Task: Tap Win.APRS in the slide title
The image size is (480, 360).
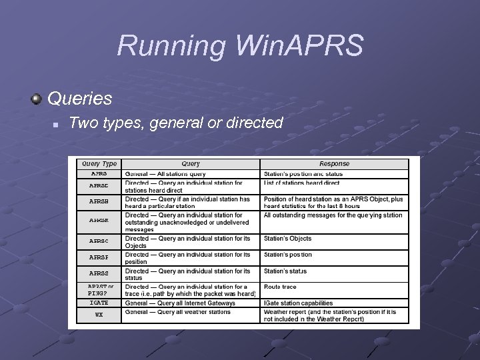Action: pyautogui.click(x=301, y=47)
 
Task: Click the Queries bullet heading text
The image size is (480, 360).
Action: pyautogui.click(x=79, y=99)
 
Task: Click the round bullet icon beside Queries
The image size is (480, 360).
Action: pyautogui.click(x=37, y=99)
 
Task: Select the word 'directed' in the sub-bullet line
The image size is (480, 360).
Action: pyautogui.click(x=255, y=123)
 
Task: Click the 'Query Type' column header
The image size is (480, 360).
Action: pyautogui.click(x=99, y=164)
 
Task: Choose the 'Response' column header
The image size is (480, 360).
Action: pyautogui.click(x=333, y=164)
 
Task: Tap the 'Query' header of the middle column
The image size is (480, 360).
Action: pyautogui.click(x=191, y=164)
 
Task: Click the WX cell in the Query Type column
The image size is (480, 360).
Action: pyautogui.click(x=99, y=314)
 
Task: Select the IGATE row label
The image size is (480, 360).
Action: pyautogui.click(x=99, y=303)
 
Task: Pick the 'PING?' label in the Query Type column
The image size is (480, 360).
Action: pyautogui.click(x=97, y=293)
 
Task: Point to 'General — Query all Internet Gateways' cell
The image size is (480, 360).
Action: pyautogui.click(x=180, y=303)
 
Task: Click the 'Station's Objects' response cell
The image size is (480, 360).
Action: pyautogui.click(x=287, y=239)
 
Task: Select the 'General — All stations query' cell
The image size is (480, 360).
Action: pyautogui.click(x=166, y=173)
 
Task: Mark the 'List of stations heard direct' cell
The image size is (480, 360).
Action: pyautogui.click(x=301, y=183)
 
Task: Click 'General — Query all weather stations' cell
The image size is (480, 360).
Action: pyautogui.click(x=178, y=311)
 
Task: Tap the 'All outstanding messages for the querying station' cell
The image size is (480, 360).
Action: pyautogui.click(x=333, y=215)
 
